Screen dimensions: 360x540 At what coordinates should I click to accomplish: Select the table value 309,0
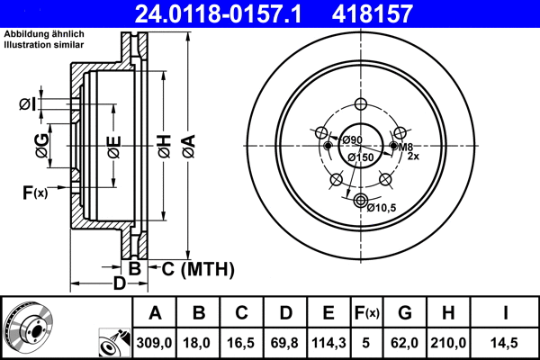[x=155, y=343]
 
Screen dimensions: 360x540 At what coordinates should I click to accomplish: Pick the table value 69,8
[x=284, y=343]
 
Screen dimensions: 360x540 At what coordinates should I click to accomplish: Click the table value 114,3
[x=328, y=343]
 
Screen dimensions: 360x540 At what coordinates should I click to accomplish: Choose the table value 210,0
[x=449, y=343]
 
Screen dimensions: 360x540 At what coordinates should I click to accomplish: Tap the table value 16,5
[x=241, y=343]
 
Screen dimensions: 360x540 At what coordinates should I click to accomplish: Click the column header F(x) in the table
[x=367, y=312]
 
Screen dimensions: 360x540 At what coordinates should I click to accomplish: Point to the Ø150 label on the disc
[x=360, y=158]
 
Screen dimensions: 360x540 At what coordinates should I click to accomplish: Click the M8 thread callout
[x=406, y=147]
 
